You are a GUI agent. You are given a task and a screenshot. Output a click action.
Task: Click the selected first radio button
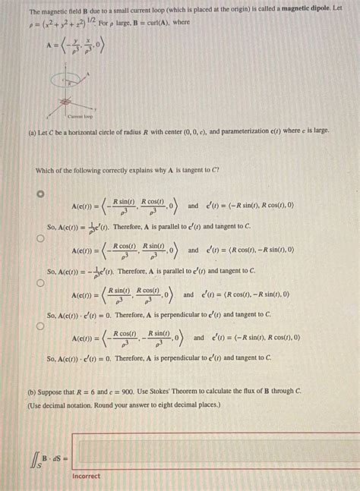41,194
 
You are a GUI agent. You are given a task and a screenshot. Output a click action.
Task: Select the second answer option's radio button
41,238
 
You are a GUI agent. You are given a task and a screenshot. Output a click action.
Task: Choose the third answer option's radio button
41,282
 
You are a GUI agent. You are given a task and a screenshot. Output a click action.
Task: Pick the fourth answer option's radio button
41,326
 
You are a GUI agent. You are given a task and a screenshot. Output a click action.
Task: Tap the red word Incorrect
86,476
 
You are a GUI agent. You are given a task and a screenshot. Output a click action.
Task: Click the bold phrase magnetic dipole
302,7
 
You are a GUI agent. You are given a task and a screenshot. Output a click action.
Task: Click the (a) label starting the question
33,131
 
